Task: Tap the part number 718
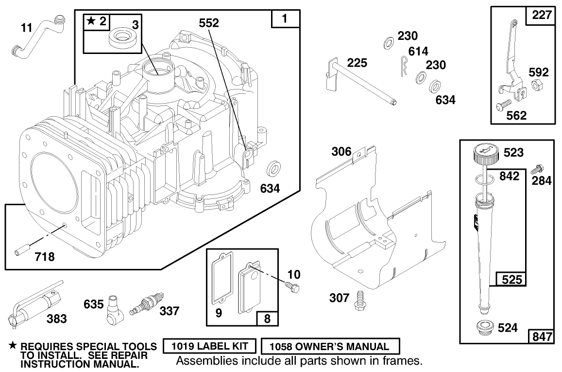[44, 257]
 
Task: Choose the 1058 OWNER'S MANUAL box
[330, 347]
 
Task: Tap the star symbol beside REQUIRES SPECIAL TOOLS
[13, 346]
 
